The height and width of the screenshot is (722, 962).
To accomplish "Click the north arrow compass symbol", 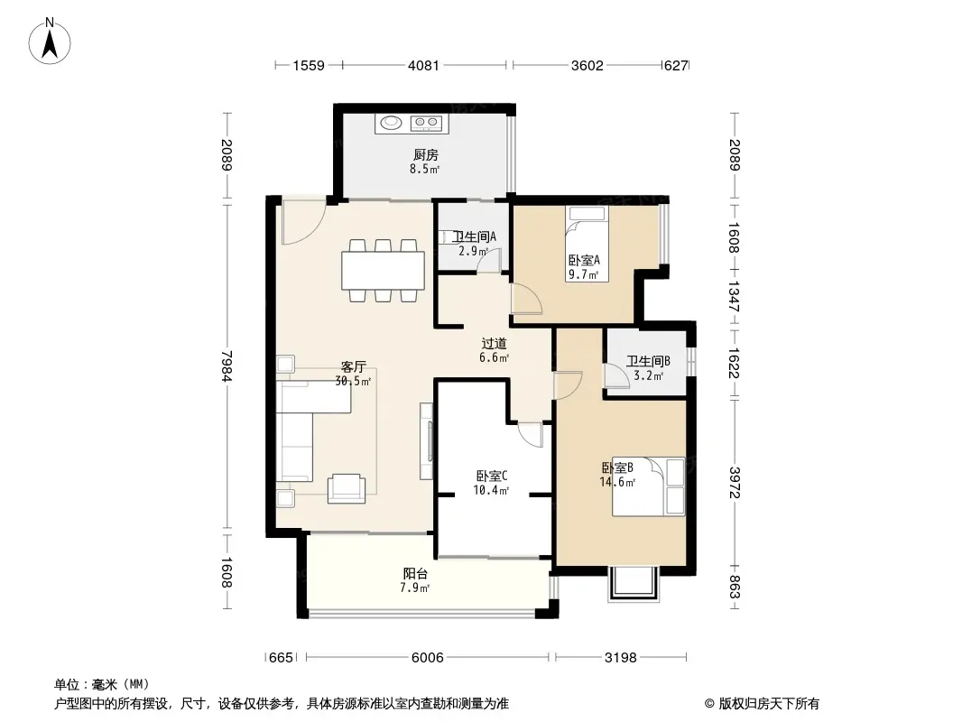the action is [x=50, y=42].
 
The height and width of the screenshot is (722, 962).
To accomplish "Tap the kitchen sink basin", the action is [x=391, y=123].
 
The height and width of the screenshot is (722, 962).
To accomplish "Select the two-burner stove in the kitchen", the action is [x=426, y=124].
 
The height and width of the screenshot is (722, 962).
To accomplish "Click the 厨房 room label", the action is [x=425, y=154].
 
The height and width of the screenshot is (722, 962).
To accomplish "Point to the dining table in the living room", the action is [x=384, y=271].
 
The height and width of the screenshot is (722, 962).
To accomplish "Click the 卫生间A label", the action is [x=474, y=236].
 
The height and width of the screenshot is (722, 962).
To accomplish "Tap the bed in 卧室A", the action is [x=587, y=245].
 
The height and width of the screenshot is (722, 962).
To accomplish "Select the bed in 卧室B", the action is [x=648, y=486].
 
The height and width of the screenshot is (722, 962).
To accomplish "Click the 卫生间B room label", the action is [x=648, y=361].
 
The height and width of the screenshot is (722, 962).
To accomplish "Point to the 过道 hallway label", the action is [x=494, y=344].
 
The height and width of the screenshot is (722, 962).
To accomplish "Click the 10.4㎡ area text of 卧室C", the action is [x=491, y=490].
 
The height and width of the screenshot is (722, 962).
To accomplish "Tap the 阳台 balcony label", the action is [x=415, y=574].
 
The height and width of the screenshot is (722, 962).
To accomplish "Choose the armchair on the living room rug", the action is [x=347, y=489].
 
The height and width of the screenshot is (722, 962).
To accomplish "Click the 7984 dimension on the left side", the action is [x=227, y=366].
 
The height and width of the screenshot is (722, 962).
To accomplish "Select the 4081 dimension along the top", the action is [x=423, y=65].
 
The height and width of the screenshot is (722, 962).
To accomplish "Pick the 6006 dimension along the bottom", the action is [x=427, y=658].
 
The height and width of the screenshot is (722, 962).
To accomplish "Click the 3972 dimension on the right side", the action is [x=735, y=483].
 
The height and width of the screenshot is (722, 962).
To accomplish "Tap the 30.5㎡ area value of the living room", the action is [x=353, y=381].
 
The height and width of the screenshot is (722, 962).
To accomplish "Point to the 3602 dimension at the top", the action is [x=587, y=65].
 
